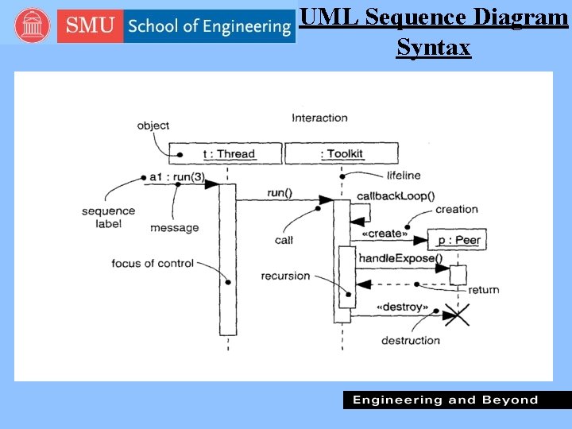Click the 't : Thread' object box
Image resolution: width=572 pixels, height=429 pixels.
click(226, 153)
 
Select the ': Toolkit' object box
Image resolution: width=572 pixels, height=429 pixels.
click(341, 153)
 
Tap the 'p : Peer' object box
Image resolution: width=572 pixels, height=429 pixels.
click(456, 240)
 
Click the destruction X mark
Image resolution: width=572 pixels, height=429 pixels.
click(455, 316)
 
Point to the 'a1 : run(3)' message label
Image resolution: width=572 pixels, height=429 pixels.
click(176, 176)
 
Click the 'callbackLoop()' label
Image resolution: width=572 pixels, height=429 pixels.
click(396, 195)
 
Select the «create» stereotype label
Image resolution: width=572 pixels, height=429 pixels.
click(385, 234)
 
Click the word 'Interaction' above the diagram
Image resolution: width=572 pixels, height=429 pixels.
click(319, 118)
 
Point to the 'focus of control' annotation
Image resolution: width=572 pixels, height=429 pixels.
click(153, 263)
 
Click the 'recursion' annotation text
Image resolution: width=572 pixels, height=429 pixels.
click(285, 276)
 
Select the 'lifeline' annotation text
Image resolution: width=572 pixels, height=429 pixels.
click(403, 175)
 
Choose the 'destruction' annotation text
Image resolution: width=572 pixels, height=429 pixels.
click(410, 340)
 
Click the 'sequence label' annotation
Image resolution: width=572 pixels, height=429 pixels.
click(108, 218)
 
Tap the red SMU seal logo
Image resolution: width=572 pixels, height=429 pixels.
click(32, 26)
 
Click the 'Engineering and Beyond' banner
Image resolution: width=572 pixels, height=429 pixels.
click(445, 400)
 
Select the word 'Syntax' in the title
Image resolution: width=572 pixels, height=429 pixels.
click(434, 48)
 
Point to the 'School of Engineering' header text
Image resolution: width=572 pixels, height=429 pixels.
click(210, 26)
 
